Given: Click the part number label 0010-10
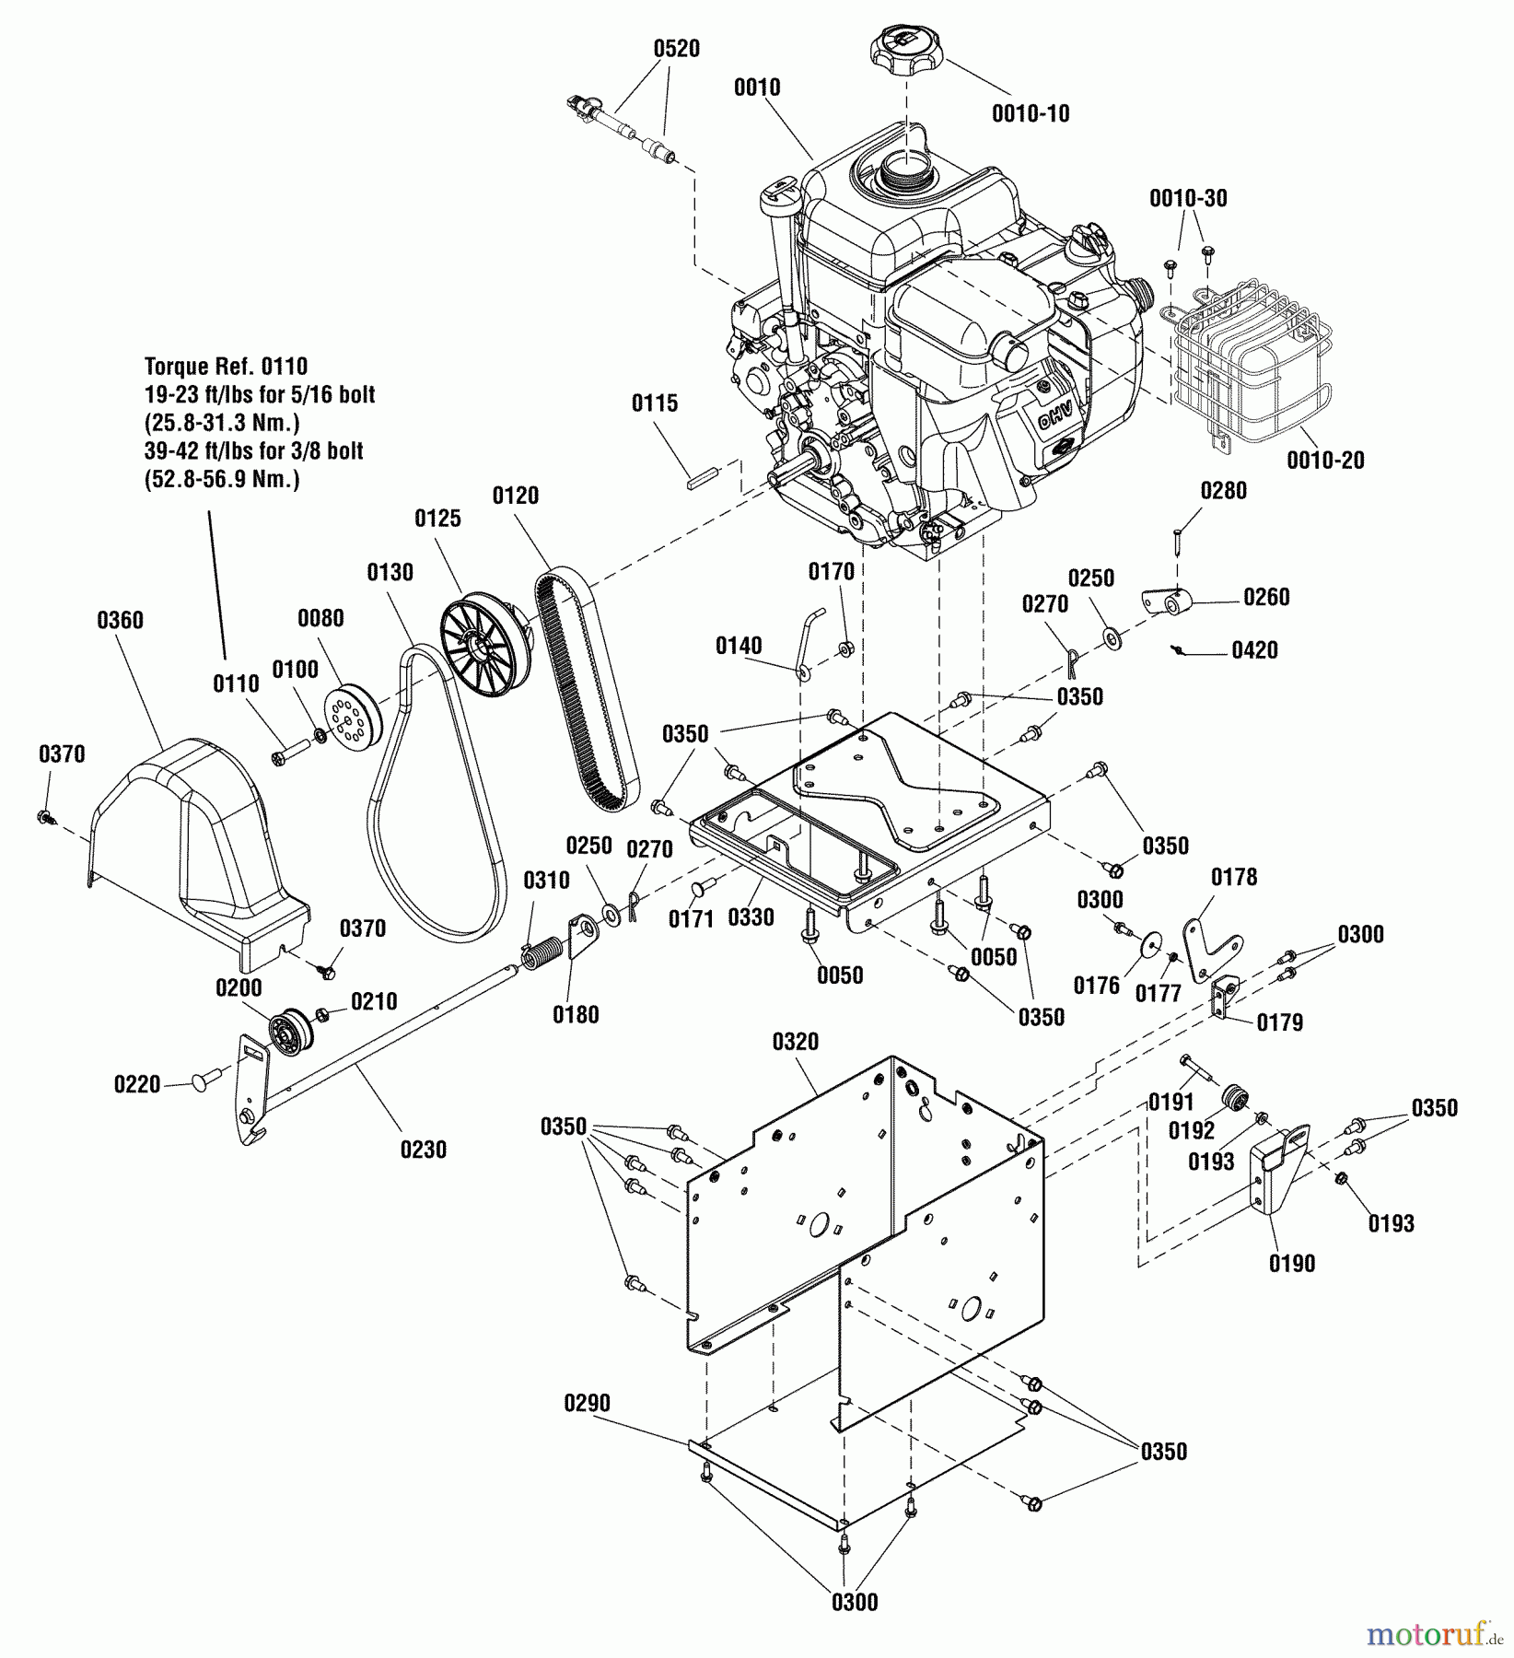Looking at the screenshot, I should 1031,113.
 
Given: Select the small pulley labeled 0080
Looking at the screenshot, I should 353,719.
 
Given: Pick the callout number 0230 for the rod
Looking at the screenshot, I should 423,1150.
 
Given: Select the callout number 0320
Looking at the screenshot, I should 795,1042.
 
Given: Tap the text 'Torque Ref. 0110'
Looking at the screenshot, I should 226,367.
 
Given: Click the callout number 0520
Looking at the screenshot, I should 676,49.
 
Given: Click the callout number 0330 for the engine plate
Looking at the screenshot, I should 751,917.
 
